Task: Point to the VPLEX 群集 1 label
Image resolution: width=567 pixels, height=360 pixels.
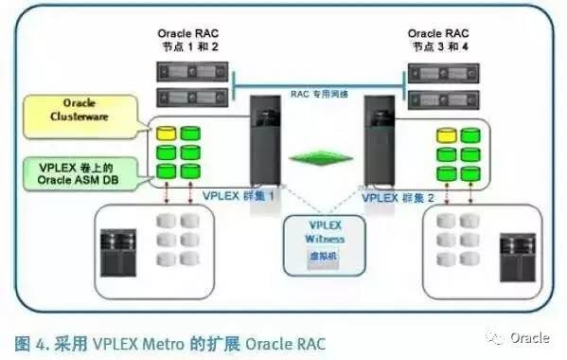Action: coord(238,196)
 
